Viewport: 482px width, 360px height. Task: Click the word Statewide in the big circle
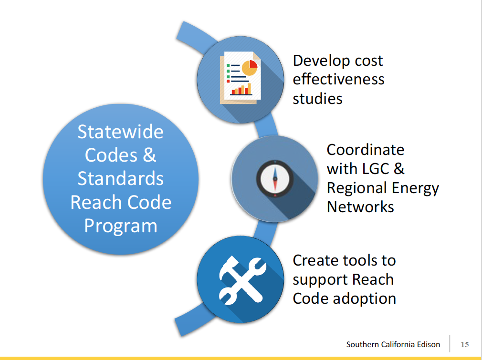pyautogui.click(x=120, y=132)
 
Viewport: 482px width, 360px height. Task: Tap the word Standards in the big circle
pyautogui.click(x=120, y=178)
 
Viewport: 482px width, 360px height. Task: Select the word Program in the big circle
pyautogui.click(x=121, y=226)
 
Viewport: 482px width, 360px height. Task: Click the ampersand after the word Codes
pyautogui.click(x=149, y=155)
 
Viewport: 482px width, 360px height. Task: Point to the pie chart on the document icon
pyautogui.click(x=250, y=68)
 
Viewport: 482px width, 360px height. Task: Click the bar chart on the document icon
pyautogui.click(x=241, y=89)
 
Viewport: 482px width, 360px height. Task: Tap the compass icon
pyautogui.click(x=275, y=179)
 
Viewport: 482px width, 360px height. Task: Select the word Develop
pyautogui.click(x=321, y=61)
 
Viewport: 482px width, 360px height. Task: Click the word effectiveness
pyautogui.click(x=338, y=79)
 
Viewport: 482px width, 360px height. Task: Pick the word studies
pyautogui.click(x=317, y=99)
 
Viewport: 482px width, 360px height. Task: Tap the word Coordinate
pyautogui.click(x=366, y=150)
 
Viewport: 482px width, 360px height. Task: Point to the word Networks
pyautogui.click(x=361, y=207)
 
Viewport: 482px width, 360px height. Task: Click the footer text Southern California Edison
pyautogui.click(x=393, y=344)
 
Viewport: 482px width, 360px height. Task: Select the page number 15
pyautogui.click(x=464, y=345)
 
